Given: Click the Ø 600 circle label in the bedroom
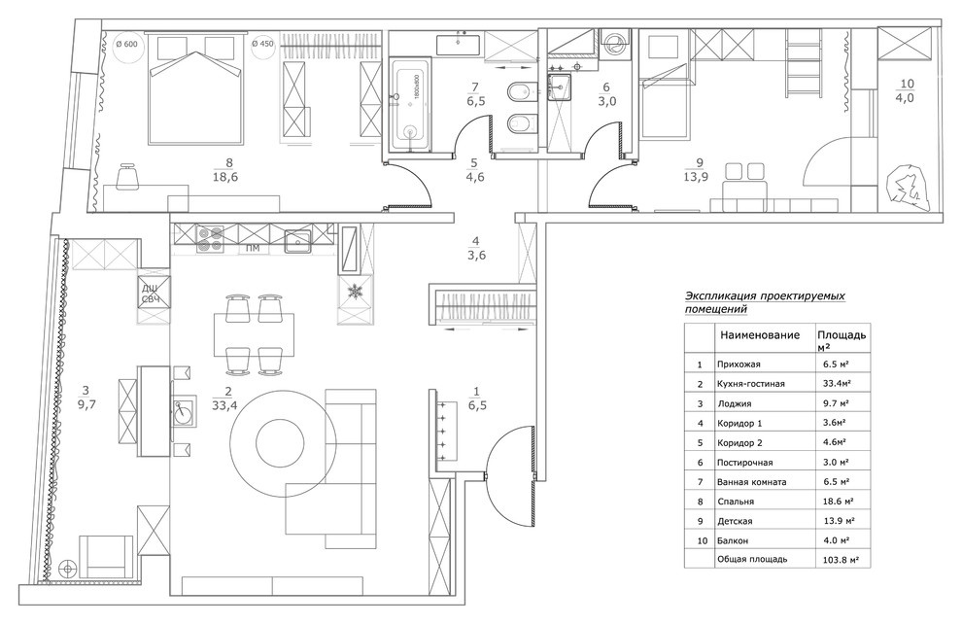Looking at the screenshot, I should click(x=127, y=44).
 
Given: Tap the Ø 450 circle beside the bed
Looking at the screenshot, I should click(x=263, y=44).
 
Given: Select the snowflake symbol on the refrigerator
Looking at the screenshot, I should click(x=354, y=291).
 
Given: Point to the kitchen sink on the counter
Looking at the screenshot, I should click(x=296, y=239).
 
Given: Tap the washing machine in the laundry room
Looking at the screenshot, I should click(x=614, y=45).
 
